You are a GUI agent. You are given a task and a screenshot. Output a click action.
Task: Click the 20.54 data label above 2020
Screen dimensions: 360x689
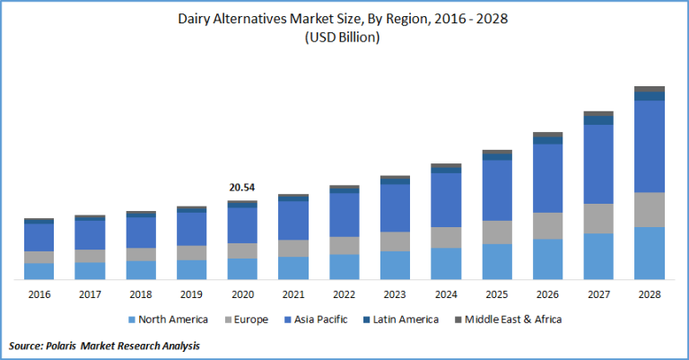pos(241,188)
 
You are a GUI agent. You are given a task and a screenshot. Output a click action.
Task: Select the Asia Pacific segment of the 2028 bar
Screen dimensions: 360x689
pos(649,145)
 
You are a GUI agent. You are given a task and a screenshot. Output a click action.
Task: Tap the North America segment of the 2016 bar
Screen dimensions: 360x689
pos(39,271)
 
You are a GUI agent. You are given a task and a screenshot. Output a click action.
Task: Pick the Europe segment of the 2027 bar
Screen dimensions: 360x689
pos(598,218)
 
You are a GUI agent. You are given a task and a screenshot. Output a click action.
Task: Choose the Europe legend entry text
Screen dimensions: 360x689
pos(253,320)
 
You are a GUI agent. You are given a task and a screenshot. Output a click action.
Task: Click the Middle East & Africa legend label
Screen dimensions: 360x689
pos(514,320)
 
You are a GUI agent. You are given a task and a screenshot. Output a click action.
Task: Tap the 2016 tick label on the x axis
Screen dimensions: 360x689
pos(39,294)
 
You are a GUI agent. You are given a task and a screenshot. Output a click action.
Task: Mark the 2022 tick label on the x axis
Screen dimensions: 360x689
pos(344,294)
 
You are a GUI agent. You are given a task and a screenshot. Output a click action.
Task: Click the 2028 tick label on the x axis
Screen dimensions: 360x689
pos(649,294)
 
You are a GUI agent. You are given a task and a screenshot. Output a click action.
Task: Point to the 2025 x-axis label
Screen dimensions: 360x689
pos(496,294)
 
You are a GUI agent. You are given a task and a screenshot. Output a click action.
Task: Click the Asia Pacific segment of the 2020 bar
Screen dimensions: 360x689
pos(241,224)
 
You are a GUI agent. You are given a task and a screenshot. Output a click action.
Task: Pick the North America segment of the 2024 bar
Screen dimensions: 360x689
pos(446,264)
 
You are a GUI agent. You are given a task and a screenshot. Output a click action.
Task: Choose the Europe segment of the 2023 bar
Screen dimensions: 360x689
pos(395,241)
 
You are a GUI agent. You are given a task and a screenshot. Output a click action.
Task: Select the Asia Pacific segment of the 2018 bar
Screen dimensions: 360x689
pos(140,232)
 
